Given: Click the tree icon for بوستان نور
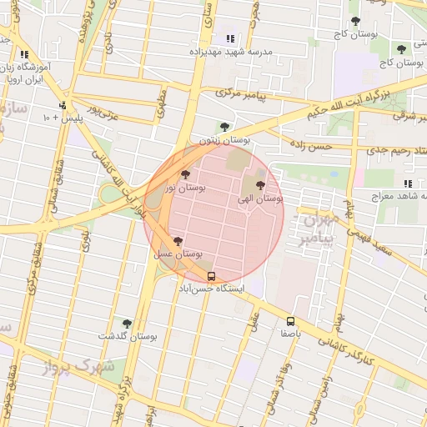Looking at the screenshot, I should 184,175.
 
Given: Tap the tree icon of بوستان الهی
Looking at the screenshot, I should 260,185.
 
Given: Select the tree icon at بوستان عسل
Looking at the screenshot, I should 178,240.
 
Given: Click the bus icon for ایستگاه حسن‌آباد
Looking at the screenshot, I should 210,276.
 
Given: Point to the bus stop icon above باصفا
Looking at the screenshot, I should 290,321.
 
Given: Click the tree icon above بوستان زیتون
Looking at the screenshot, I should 225,127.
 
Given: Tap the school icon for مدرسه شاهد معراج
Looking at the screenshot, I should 407,183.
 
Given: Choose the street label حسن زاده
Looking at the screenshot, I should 310,147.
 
